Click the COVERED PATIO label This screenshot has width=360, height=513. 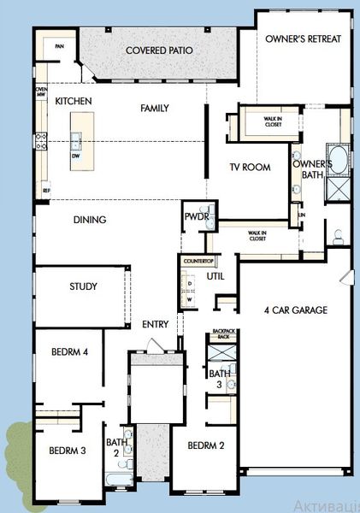[159, 50]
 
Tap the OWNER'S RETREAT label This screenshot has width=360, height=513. [304, 38]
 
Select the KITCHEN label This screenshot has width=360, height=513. [74, 101]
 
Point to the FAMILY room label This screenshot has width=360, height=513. [153, 108]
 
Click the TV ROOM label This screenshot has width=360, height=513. [250, 167]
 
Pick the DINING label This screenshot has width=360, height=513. [89, 220]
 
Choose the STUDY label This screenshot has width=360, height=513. [83, 286]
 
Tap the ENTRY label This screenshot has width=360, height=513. [156, 324]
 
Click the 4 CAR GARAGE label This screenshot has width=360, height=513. [296, 310]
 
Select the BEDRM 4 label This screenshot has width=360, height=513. [69, 351]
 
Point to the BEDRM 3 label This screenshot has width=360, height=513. [66, 451]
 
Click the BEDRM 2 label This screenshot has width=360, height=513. [206, 445]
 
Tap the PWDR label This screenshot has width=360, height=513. [196, 217]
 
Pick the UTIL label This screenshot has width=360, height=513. [215, 276]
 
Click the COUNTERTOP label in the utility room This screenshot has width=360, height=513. [198, 259]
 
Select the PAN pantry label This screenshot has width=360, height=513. [59, 46]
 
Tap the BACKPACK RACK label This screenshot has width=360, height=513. [222, 334]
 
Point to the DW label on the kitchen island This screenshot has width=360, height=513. [75, 156]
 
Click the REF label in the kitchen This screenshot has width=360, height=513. [46, 189]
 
